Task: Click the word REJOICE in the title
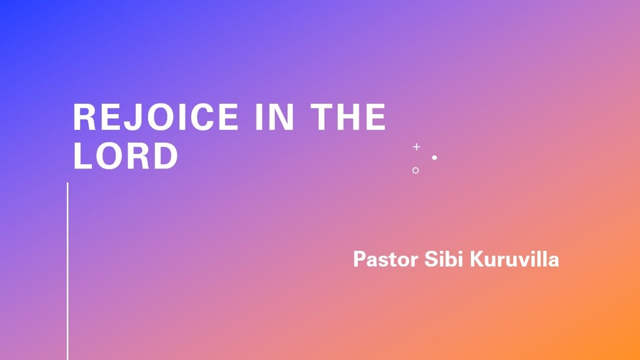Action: point(155,117)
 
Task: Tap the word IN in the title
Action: point(274,117)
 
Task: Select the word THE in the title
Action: point(348,117)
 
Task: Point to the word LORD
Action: point(125,156)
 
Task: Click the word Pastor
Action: point(385,259)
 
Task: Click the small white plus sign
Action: point(416,147)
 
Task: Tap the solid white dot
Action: point(434,157)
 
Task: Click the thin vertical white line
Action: point(67,271)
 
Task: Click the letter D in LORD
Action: point(166,156)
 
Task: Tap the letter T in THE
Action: point(321,117)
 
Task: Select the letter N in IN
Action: point(282,117)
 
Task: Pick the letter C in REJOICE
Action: point(202,117)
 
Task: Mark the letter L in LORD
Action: point(82,156)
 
